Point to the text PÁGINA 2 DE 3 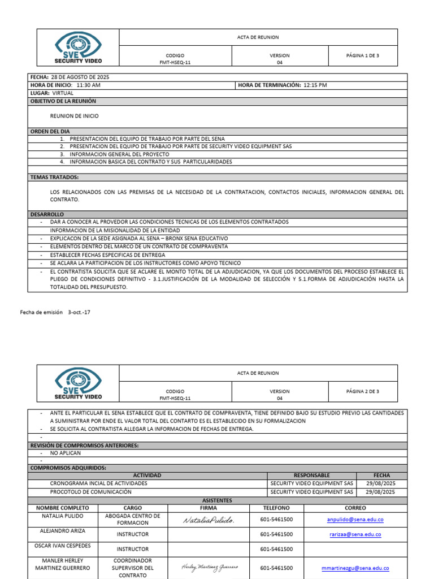363,391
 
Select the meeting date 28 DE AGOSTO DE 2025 80,77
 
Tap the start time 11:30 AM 88,85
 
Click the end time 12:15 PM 315,85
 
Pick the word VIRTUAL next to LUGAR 63,93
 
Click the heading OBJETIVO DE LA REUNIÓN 63,101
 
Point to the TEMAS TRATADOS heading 54,177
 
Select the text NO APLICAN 66,453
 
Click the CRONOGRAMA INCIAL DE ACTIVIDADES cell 98,483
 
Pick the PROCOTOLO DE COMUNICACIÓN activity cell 90,492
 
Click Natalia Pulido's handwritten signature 208,520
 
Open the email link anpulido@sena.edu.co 355,520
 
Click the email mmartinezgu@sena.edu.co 355,568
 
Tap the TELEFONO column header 276,508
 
